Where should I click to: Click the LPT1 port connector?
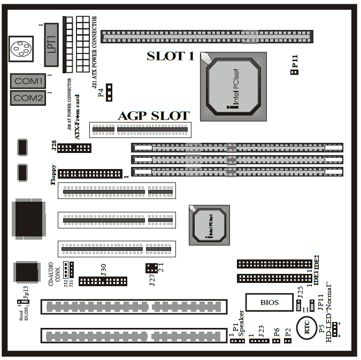pyautogui.click(x=51, y=45)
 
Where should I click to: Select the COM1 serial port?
pyautogui.click(x=28, y=81)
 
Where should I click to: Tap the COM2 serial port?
pyautogui.click(x=28, y=98)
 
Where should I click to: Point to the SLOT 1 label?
pyautogui.click(x=171, y=56)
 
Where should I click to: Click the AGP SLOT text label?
pyautogui.click(x=153, y=116)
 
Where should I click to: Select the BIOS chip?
pyautogui.click(x=270, y=302)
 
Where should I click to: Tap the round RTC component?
pyautogui.click(x=308, y=330)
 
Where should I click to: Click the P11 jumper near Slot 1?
pyautogui.click(x=294, y=72)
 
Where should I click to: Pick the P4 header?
pyautogui.click(x=110, y=93)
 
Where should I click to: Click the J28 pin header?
pyautogui.click(x=74, y=148)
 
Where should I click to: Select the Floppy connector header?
pyautogui.click(x=90, y=174)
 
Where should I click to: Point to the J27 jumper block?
pyautogui.click(x=151, y=267)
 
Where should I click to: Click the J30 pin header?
pyautogui.click(x=103, y=281)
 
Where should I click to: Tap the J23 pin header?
pyautogui.click(x=259, y=341)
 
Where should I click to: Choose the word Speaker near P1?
pyautogui.click(x=241, y=321)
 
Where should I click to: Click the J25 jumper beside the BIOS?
pyautogui.click(x=298, y=305)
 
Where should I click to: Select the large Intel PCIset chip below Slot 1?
pyautogui.click(x=233, y=86)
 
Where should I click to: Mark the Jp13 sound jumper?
pyautogui.click(x=19, y=306)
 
